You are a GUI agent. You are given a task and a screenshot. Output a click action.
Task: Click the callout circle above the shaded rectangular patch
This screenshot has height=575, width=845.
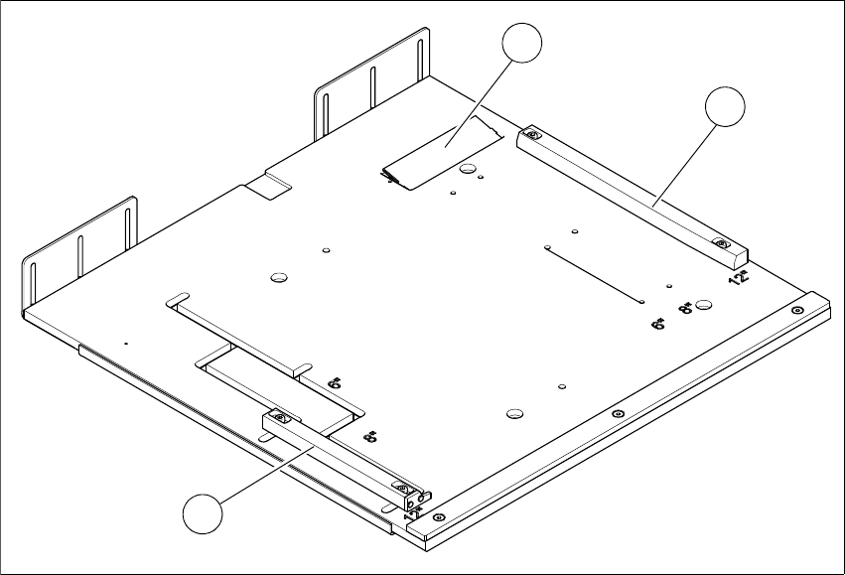pos(522,46)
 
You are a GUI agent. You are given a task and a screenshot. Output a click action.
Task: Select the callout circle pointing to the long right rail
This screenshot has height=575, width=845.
pos(723,107)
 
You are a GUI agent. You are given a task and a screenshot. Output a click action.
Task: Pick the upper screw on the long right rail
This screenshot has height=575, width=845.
pos(533,136)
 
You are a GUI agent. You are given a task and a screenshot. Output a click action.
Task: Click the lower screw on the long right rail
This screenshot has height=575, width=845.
pos(722,244)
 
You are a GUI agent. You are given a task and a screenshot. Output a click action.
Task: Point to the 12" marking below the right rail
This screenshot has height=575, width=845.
pos(738,279)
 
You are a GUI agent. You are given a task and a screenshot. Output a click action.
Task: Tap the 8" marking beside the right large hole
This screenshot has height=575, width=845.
pos(684,310)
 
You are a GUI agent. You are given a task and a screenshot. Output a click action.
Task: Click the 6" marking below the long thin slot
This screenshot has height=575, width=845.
pos(657,324)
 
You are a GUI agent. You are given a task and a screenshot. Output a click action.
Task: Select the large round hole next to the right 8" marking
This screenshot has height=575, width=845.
pos(704,304)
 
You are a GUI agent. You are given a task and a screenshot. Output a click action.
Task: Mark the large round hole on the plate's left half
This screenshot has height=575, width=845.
pos(278,276)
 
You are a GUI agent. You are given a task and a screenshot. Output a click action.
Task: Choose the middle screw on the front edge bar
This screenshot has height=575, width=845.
pos(618,413)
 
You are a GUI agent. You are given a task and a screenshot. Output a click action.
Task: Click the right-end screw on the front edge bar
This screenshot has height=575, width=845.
pos(797,311)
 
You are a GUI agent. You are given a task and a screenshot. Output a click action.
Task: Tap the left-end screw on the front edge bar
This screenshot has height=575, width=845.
pos(439,516)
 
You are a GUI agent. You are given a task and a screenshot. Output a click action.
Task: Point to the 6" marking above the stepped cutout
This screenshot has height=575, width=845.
pos(334,382)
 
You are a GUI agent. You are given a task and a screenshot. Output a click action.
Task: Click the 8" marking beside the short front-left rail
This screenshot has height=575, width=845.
pos(370,436)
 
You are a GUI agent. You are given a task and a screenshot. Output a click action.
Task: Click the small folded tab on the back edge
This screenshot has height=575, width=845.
pos(269,184)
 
